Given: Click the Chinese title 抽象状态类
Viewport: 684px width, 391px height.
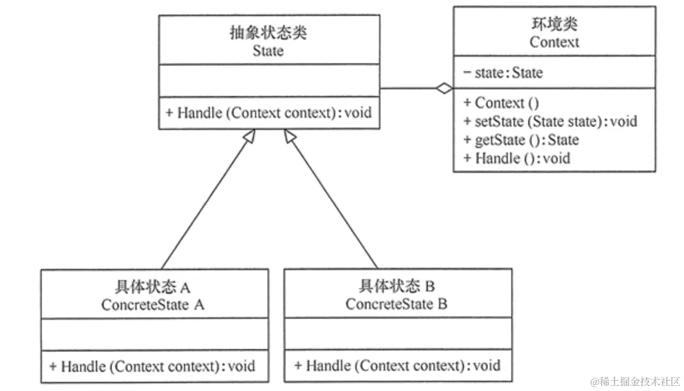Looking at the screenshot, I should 268,33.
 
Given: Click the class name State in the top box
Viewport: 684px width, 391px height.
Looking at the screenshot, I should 268,51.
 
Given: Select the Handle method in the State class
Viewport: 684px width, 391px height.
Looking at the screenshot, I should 269,112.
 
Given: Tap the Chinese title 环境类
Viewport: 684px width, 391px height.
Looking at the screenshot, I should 554,24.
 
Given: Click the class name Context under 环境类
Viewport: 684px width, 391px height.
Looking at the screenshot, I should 554,42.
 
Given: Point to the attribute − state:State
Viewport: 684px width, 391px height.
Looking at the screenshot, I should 503,72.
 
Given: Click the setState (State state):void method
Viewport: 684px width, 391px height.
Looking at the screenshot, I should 550,121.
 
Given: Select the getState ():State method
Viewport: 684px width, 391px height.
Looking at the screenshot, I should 521,139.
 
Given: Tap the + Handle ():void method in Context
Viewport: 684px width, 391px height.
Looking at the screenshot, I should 516,158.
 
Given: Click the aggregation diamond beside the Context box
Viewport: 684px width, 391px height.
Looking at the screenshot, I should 445,88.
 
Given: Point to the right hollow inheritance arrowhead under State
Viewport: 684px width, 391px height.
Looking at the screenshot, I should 289,135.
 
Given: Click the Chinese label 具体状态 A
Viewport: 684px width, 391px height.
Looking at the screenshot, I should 153,286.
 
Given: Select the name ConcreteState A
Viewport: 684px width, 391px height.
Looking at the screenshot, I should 153,305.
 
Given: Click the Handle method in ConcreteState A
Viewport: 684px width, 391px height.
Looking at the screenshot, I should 152,366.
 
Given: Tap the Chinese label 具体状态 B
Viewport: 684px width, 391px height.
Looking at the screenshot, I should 397,286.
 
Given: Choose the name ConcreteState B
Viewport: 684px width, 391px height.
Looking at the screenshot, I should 397,305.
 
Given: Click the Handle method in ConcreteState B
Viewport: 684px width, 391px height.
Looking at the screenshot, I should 397,365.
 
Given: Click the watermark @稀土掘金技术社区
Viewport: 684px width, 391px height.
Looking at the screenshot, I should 635,381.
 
